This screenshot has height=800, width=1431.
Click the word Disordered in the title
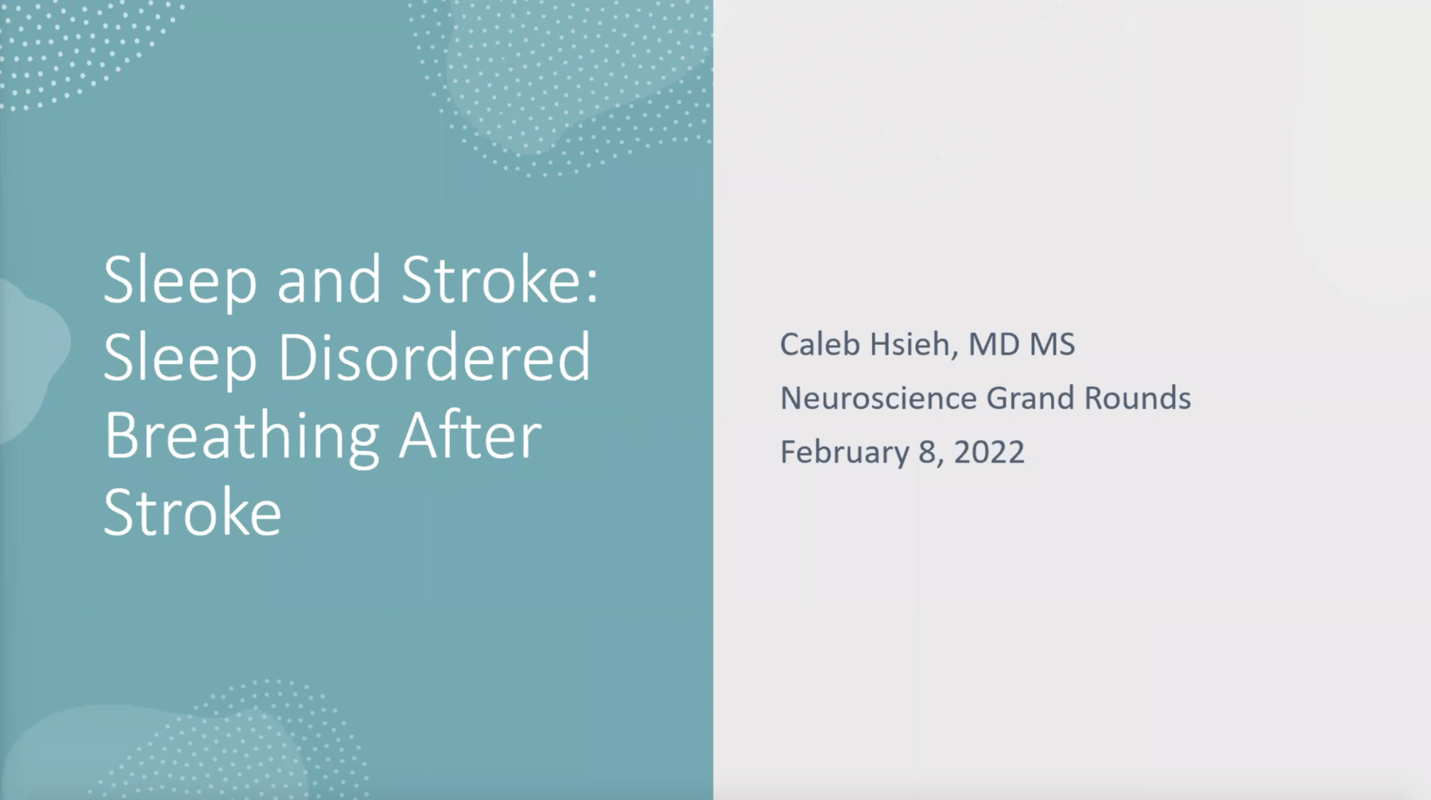(434, 357)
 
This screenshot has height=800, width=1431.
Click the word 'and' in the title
(329, 280)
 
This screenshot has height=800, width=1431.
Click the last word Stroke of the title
(193, 512)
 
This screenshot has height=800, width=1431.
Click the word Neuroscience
(878, 398)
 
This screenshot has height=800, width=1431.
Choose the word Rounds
(1138, 398)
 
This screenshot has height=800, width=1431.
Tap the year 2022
(989, 452)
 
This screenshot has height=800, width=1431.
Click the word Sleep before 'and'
(180, 283)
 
